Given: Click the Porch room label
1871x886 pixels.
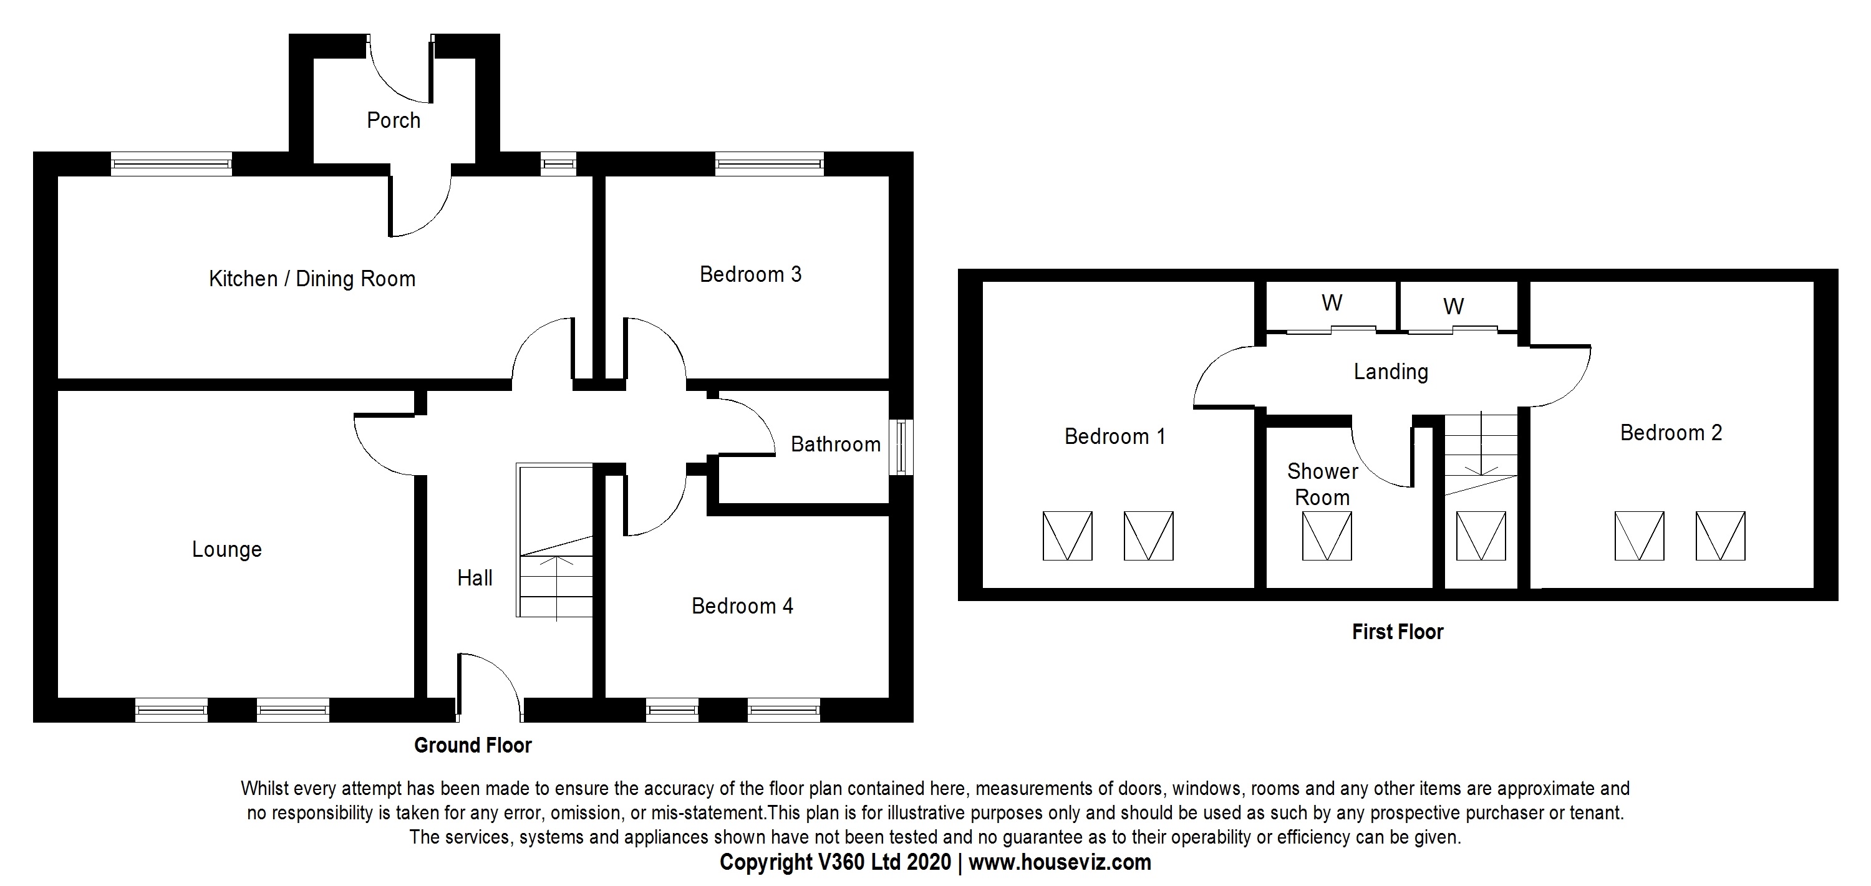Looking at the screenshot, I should coord(393,120).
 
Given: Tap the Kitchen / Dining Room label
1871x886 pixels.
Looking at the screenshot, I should coord(312,279).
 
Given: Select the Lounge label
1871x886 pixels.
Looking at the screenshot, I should coord(226,549).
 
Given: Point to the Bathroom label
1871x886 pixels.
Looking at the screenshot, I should coord(835,445).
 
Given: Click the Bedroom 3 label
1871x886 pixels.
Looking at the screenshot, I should coord(750,274).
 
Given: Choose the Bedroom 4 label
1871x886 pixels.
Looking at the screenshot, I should coord(742,605).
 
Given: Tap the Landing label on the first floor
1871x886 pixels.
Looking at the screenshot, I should coord(1390,372).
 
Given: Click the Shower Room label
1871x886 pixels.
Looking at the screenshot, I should coord(1322,484).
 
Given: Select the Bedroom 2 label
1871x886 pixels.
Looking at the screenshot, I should coord(1671,433).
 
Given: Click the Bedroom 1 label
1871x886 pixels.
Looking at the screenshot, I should coord(1114,436).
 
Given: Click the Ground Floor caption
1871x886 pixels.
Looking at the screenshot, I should coord(473,745).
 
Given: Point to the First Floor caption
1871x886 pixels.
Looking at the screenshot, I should coord(1397,632).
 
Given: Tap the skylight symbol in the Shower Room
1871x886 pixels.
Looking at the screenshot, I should coord(1327,536).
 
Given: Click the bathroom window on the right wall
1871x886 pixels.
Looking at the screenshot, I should coord(901,447).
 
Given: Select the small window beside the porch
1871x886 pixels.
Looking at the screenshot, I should coord(558,164).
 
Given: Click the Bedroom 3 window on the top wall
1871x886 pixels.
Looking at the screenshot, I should coord(769,164).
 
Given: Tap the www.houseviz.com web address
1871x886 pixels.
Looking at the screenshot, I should coord(1060,862).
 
